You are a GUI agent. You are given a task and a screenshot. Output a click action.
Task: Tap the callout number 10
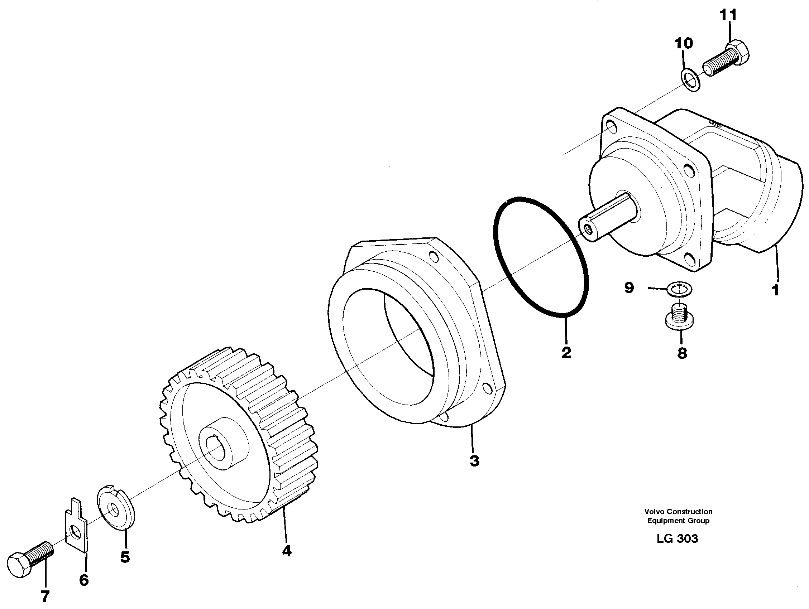pos(684,44)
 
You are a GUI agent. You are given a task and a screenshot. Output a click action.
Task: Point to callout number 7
pos(45,596)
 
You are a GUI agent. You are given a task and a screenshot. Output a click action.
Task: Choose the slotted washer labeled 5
pos(116,507)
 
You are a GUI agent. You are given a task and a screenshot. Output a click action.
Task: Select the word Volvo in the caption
pos(654,511)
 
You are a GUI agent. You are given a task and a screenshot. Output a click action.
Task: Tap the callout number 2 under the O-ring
pos(566,353)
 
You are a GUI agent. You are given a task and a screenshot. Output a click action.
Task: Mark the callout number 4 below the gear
pos(287,551)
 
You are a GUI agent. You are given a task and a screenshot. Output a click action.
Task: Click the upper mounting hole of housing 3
pos(434,257)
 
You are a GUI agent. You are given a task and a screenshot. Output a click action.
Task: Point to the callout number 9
pos(629,288)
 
